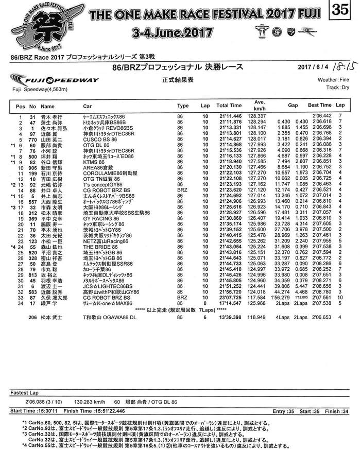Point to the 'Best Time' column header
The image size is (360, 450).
click(320, 105)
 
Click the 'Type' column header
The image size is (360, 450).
click(183, 105)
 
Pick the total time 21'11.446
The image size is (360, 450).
click(229, 116)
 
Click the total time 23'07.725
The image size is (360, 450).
click(229, 297)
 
